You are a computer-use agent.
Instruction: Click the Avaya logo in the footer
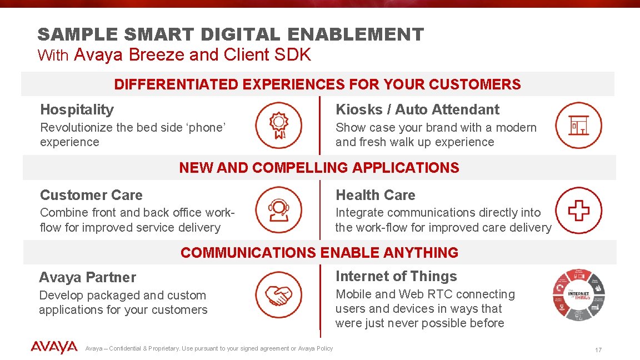54,348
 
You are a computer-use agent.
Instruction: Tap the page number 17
598,350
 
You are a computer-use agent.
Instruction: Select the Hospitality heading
77,109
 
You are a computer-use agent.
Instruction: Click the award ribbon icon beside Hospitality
278,126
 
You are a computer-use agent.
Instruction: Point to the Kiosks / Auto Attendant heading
417,109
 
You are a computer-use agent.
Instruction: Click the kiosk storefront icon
578,126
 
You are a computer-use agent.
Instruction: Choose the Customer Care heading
91,195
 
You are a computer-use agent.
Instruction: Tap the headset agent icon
278,211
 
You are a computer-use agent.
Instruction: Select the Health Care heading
376,195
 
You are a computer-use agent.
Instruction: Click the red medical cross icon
578,211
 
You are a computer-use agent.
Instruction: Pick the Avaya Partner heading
87,277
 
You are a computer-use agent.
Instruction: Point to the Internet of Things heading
396,276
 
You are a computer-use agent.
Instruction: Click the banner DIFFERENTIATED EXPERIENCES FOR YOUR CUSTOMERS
317,84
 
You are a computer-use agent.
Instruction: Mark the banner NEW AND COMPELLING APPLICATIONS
319,168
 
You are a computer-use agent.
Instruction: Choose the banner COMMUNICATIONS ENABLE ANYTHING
319,253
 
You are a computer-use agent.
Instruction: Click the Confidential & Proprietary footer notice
209,348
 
